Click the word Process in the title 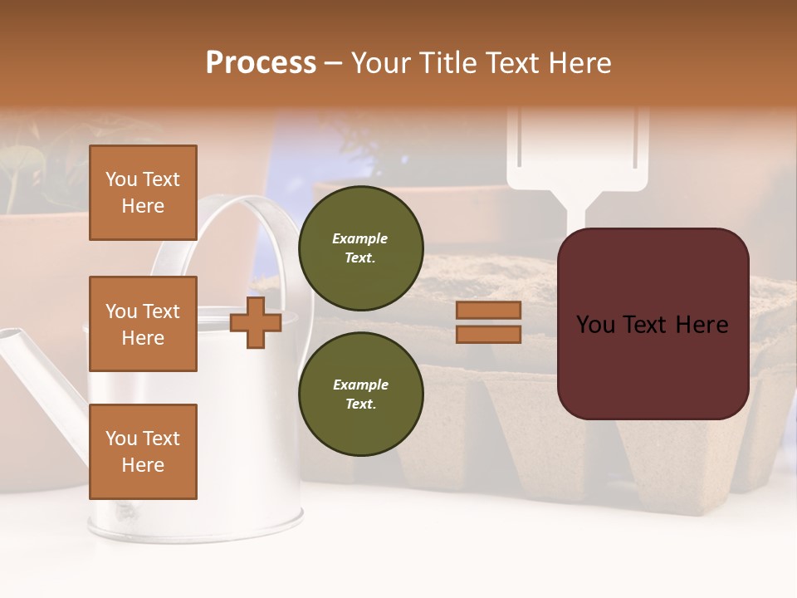(x=261, y=63)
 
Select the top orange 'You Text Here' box (x=143, y=193)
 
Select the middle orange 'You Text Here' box (x=143, y=324)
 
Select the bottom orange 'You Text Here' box (x=143, y=452)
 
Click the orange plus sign (x=256, y=322)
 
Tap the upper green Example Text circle (x=360, y=248)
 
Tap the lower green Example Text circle (x=360, y=394)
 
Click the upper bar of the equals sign (x=488, y=311)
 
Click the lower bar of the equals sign (x=488, y=335)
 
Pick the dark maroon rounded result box (x=653, y=324)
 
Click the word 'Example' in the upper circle (x=360, y=238)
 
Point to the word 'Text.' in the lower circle (x=360, y=404)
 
